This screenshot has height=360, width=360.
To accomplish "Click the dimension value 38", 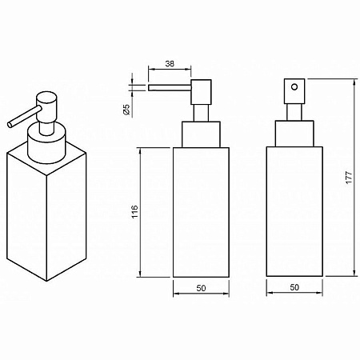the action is click(170, 64).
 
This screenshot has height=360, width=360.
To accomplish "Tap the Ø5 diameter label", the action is click(126, 110).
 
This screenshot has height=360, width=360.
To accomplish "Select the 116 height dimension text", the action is click(135, 211).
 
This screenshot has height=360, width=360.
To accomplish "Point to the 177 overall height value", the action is click(350, 177).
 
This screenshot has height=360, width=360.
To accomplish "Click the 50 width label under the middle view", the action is click(201, 288).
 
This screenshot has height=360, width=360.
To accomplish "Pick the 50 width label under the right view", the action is click(294, 287).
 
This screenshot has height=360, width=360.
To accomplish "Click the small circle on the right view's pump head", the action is click(294, 87).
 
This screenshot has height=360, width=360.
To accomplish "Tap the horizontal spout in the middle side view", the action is click(170, 88).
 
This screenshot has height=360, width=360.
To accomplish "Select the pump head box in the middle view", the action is click(201, 92).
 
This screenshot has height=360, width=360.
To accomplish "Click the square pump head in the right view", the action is click(294, 91).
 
